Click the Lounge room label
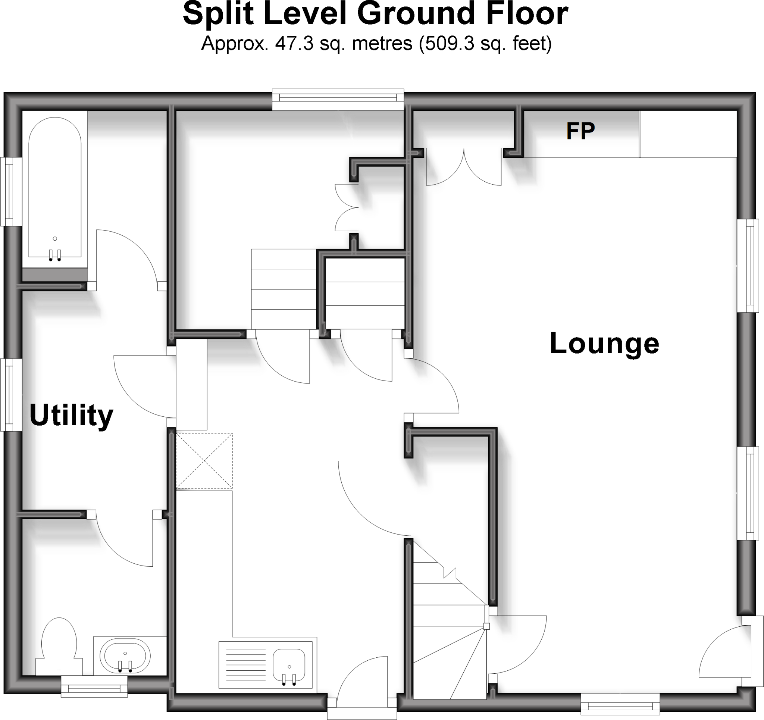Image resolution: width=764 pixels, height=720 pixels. click(x=604, y=343)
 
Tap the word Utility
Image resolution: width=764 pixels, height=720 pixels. click(x=72, y=416)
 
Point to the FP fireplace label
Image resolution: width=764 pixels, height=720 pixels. click(x=580, y=131)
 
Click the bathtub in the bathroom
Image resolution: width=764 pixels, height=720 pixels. click(x=54, y=188)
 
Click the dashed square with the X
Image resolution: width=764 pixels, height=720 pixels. click(x=204, y=460)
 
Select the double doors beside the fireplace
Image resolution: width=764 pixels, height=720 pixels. click(x=464, y=167)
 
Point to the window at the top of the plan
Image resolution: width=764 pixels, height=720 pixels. click(x=338, y=99)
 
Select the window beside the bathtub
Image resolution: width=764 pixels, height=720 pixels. click(x=7, y=191)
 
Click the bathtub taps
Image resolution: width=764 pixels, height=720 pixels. click(x=54, y=255)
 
